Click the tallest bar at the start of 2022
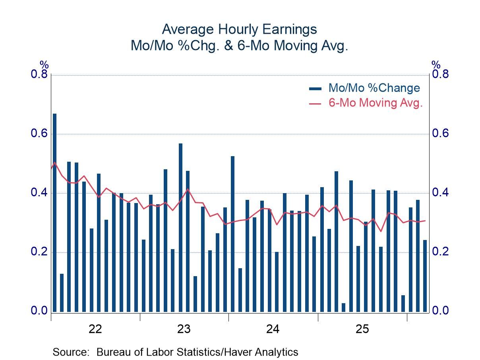tap(55, 213)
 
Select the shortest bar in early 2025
tap(344, 308)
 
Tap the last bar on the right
tap(425, 276)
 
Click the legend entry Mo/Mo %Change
tap(374, 88)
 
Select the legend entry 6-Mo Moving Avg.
tap(375, 103)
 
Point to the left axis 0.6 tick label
tap(39, 134)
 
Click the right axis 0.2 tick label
tap(440, 252)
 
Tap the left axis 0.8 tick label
tap(39, 75)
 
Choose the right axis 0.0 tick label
tap(440, 311)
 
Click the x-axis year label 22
tap(96, 329)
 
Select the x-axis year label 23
tap(184, 329)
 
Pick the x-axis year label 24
tap(273, 329)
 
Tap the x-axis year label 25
tap(362, 329)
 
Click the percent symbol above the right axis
tap(436, 64)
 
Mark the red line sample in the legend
tap(315, 103)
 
